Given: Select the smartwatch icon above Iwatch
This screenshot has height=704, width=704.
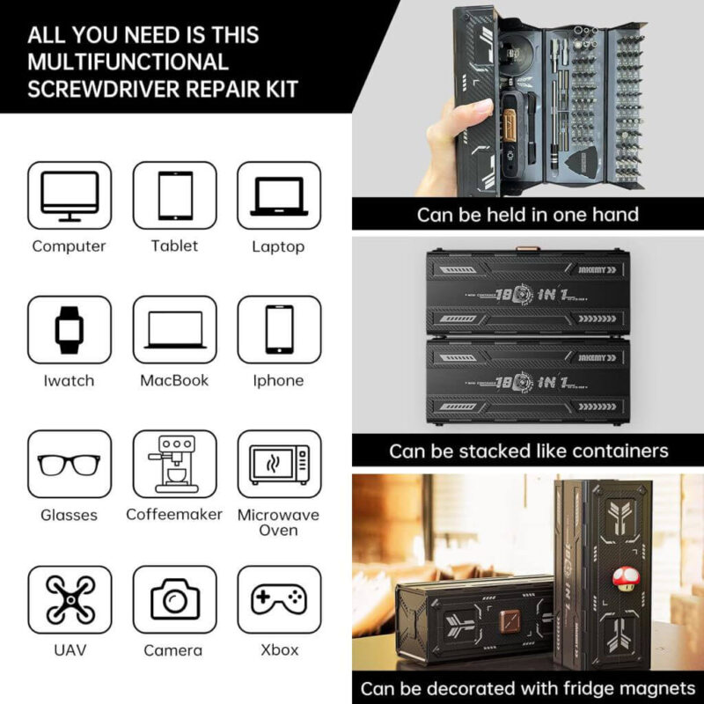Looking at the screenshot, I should (70, 330).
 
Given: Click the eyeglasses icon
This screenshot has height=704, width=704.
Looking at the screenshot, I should (70, 464).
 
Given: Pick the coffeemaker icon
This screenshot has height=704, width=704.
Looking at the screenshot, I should (174, 464).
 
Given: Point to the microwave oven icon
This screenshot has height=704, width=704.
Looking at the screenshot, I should (279, 464).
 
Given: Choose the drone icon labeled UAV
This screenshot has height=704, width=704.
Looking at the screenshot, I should (70, 599).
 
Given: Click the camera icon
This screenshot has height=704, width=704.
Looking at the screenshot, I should (174, 599).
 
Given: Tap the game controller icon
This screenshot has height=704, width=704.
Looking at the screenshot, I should (279, 599).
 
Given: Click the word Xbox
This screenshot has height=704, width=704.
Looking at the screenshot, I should (279, 650).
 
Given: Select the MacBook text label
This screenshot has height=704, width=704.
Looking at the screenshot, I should (174, 381).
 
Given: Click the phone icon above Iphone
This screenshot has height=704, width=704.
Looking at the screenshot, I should (279, 330).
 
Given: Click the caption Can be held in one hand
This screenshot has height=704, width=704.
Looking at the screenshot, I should (527, 214).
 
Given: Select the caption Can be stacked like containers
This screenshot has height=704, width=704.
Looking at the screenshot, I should (528, 451).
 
